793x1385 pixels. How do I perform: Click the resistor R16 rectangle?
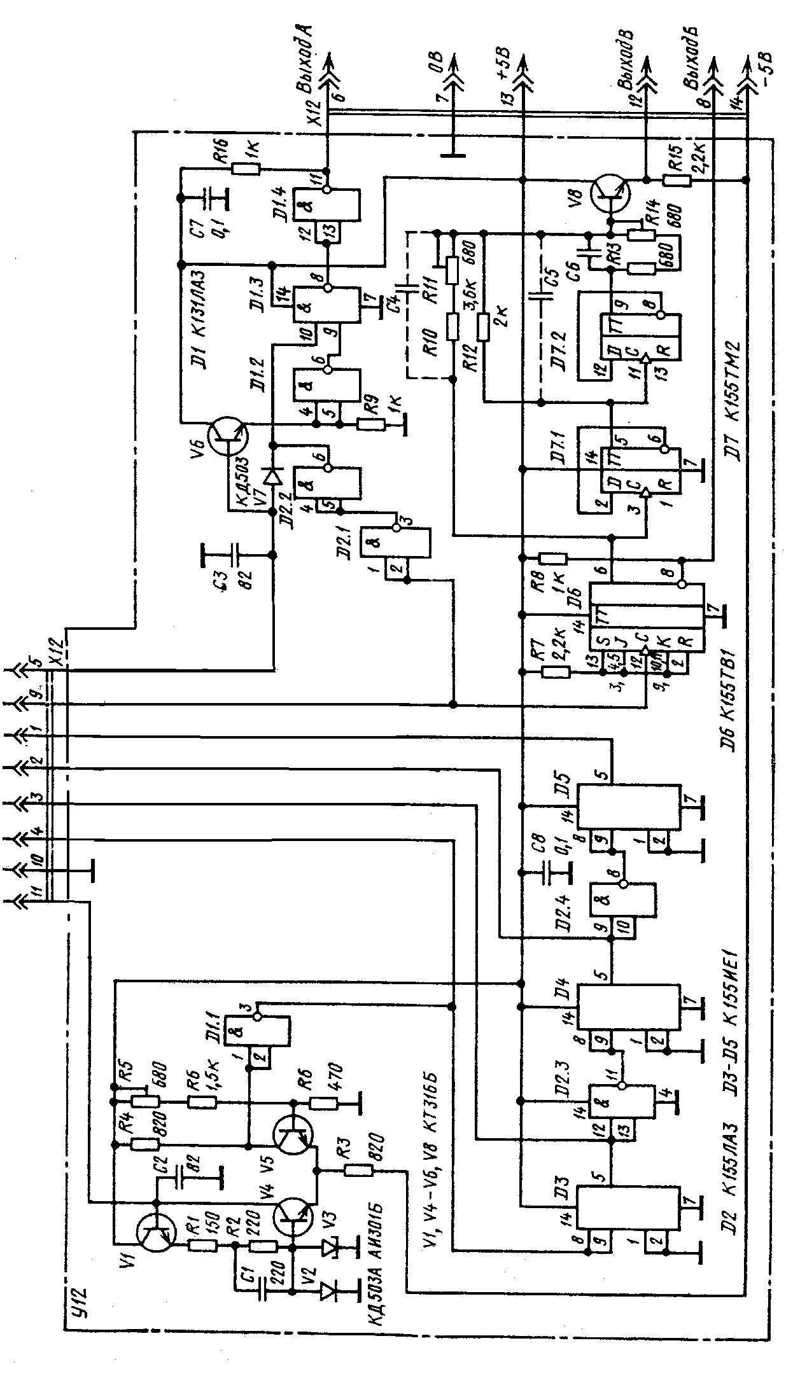tap(246, 169)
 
